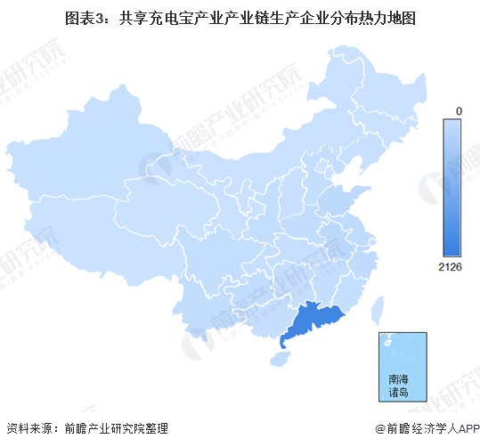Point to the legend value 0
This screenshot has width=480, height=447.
pyautogui.click(x=457, y=110)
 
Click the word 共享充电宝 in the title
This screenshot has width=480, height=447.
pyautogui.click(x=151, y=18)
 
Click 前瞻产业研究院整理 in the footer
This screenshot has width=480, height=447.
pyautogui.click(x=116, y=428)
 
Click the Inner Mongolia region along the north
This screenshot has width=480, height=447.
pyautogui.click(x=267, y=160)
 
